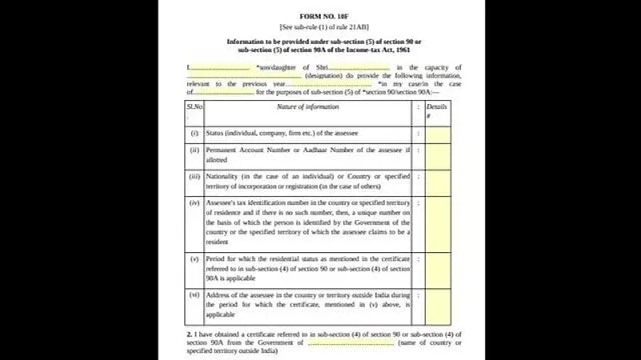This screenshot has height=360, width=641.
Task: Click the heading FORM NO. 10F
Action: (323, 16)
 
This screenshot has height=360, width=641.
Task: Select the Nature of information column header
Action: (303, 106)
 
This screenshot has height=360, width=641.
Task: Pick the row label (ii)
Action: (194, 150)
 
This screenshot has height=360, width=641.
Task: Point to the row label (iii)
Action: (194, 176)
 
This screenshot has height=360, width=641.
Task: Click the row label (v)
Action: (194, 259)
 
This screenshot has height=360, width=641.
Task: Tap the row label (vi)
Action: (194, 295)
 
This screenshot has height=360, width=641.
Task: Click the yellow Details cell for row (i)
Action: (437, 133)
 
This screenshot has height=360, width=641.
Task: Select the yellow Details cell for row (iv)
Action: (437, 222)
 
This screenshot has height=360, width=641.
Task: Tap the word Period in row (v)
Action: (216, 259)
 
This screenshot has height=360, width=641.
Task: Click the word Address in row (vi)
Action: (218, 295)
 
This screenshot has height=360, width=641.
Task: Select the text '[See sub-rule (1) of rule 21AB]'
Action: (323, 27)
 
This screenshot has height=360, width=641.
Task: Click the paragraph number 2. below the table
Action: (189, 334)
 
